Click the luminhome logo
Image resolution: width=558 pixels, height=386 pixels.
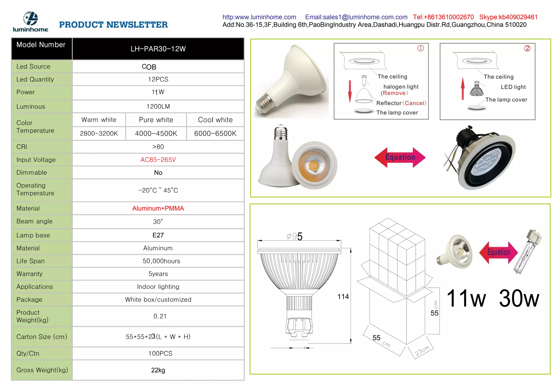[30, 22]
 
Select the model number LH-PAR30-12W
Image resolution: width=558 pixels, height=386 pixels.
[158, 49]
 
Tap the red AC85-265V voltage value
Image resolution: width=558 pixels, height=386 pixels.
[158, 160]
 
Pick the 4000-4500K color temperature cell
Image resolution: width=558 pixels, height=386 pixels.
[156, 134]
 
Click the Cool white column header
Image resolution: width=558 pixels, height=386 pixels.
[215, 120]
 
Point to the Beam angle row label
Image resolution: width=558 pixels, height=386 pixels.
[34, 221]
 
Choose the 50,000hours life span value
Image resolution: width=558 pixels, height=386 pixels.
[161, 261]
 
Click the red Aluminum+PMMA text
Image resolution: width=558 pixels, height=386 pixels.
[158, 208]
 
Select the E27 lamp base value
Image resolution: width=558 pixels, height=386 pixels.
[158, 235]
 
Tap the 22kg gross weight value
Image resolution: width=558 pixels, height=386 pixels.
[158, 370]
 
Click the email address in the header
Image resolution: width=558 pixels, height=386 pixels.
[356, 17]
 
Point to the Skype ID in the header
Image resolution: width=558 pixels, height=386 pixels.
[508, 17]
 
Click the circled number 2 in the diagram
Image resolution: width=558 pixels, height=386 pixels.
[527, 48]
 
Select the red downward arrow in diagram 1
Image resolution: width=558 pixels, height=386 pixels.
[350, 91]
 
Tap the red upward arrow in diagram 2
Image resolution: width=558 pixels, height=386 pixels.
[463, 88]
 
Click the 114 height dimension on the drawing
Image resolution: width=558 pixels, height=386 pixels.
[343, 297]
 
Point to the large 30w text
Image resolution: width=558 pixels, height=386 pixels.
[519, 299]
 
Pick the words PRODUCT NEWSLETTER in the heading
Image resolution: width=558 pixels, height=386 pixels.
[113, 25]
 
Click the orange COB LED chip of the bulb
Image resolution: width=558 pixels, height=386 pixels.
[314, 165]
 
